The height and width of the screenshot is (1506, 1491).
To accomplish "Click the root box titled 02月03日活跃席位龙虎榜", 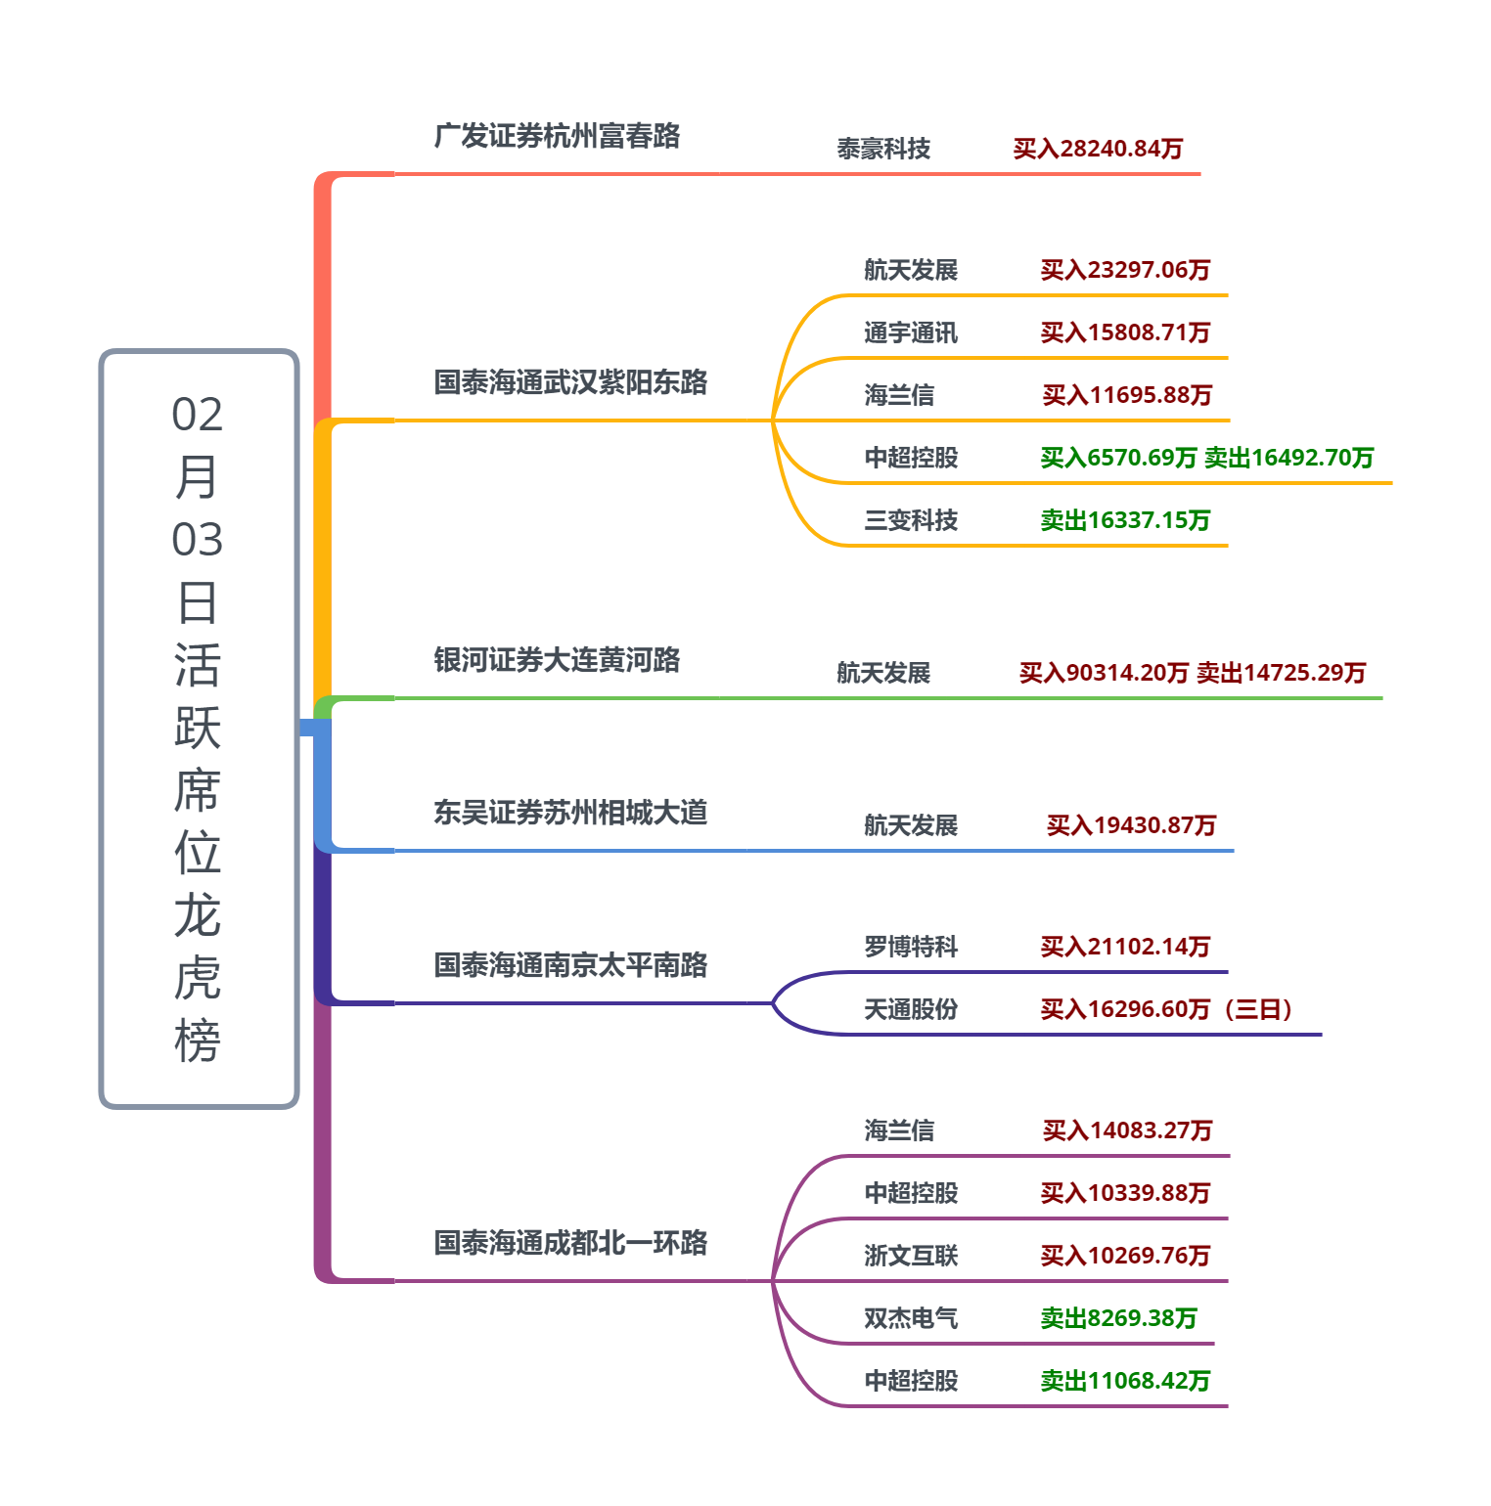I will point(199,729).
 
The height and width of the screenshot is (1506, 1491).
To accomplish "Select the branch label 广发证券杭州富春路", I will point(557,136).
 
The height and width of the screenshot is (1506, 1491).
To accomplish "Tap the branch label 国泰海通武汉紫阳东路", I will point(570,382).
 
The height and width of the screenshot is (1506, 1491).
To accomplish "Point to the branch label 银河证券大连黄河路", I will point(557,660).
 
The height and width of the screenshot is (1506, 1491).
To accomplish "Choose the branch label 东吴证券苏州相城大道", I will point(570,813).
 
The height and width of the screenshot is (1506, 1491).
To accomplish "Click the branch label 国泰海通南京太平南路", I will point(570,965).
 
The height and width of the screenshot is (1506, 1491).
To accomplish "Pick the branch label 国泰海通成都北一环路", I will point(570,1243).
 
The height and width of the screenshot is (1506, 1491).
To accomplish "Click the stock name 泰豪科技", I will point(883,149).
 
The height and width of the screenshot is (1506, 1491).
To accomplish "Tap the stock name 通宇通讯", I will point(911,332).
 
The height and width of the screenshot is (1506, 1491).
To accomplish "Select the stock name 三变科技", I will point(911,520).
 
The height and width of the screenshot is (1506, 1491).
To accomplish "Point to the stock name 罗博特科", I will point(911,947).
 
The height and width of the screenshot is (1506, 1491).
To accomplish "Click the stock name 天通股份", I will point(911,1009).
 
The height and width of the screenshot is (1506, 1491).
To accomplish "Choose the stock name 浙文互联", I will point(911,1256).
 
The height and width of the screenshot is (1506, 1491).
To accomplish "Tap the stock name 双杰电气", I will point(911,1318).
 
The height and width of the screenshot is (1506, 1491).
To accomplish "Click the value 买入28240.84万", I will point(1098,149).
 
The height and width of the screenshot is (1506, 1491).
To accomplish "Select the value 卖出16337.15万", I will point(1125,520).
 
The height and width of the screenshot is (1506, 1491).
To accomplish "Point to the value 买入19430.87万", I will point(1131,825).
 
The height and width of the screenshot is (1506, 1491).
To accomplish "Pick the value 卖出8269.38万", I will point(1118,1318).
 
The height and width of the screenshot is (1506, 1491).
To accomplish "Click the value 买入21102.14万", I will point(1125,947).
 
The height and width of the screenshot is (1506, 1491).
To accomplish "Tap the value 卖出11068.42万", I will point(1125,1381).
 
